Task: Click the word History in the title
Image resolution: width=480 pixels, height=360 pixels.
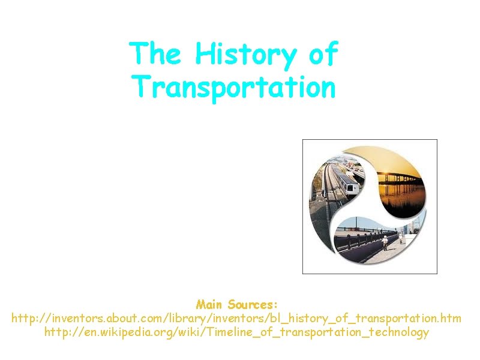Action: (x=245, y=55)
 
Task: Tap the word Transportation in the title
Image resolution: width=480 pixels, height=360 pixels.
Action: (x=233, y=86)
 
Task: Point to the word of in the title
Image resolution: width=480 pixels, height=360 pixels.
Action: (x=323, y=54)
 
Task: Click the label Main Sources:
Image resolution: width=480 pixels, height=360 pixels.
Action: (x=236, y=304)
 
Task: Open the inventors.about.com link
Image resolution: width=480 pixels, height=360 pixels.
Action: (x=236, y=318)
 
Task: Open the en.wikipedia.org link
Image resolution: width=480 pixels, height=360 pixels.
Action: (x=236, y=332)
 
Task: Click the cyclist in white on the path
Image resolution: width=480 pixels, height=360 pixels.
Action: (x=385, y=242)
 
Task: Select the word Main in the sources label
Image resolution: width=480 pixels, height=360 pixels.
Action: (x=209, y=304)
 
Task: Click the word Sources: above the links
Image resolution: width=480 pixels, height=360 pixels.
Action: (x=252, y=304)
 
